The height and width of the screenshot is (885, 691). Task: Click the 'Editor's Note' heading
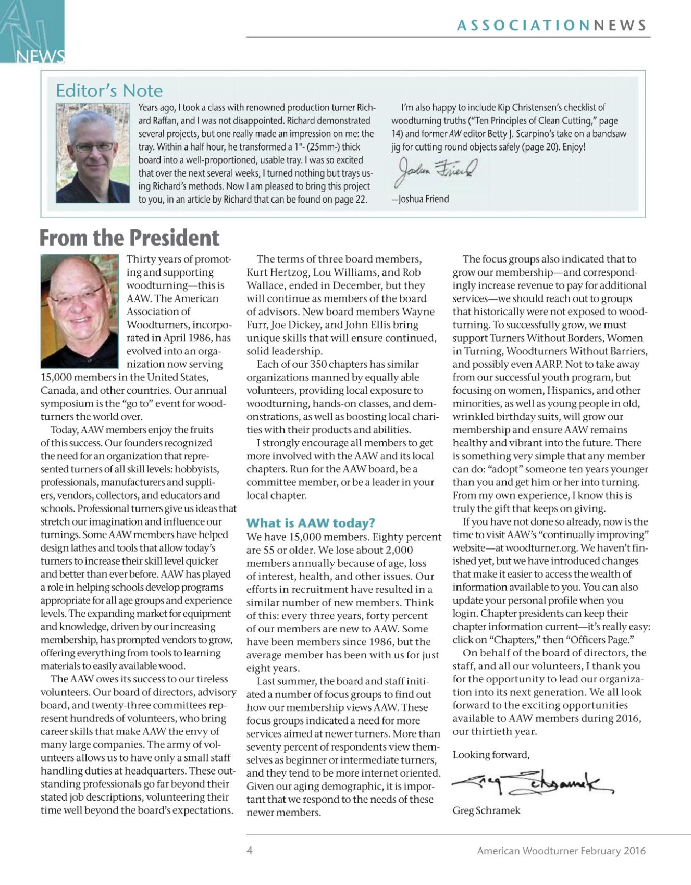(109, 91)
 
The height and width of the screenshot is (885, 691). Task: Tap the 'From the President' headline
(130, 238)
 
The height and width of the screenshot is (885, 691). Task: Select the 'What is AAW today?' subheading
(311, 523)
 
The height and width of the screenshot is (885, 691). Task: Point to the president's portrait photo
(80, 311)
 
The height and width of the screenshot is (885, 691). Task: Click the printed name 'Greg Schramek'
(486, 810)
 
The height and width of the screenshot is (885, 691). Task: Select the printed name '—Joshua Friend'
(420, 199)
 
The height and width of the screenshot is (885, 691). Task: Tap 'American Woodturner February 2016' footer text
(561, 851)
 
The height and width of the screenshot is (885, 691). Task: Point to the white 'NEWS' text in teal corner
(41, 56)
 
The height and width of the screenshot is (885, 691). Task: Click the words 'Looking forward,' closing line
(491, 754)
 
